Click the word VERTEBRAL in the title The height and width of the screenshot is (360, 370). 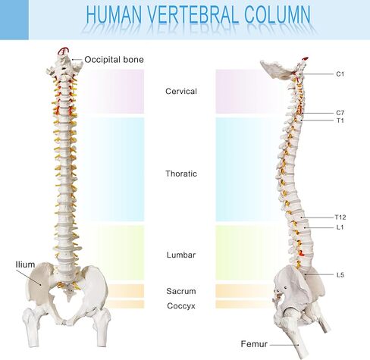[x=193, y=14]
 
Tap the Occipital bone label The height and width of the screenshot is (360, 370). [x=114, y=60]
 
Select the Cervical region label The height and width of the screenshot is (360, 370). [x=181, y=91]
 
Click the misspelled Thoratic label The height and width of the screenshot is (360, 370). [x=181, y=174]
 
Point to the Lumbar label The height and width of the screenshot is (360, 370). [x=181, y=255]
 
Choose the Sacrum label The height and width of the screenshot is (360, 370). [x=181, y=291]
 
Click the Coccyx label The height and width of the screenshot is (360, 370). [x=181, y=306]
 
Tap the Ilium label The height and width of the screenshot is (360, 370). [x=25, y=265]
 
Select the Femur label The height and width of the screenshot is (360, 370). [x=254, y=344]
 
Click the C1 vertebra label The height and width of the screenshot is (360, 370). [x=340, y=74]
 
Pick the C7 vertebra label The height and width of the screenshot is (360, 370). [x=340, y=113]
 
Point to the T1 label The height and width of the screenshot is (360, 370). [x=340, y=121]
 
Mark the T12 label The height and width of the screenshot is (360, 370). [x=340, y=218]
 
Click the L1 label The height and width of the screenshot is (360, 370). [x=340, y=227]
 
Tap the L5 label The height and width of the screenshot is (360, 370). [x=340, y=274]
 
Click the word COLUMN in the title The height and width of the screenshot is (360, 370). [x=277, y=14]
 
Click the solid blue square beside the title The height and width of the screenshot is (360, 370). [x=14, y=20]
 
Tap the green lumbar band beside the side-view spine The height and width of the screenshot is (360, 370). [x=248, y=252]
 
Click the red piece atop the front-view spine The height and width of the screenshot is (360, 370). [x=63, y=52]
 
